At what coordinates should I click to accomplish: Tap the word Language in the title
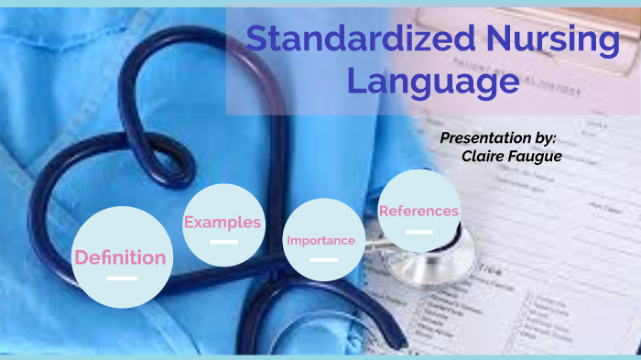click(433, 82)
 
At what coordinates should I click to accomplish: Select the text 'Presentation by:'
click(497, 137)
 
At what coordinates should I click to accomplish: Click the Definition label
click(120, 257)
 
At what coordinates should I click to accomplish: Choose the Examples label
click(223, 222)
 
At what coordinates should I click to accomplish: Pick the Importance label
click(320, 241)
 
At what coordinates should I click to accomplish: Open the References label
click(418, 211)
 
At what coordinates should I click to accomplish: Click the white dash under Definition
click(121, 278)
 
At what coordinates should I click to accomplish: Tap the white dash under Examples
click(223, 242)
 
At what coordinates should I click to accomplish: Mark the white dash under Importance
click(323, 260)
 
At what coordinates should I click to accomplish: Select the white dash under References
click(418, 231)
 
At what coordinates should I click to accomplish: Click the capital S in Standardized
click(259, 40)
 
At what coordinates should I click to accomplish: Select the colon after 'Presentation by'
click(553, 138)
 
